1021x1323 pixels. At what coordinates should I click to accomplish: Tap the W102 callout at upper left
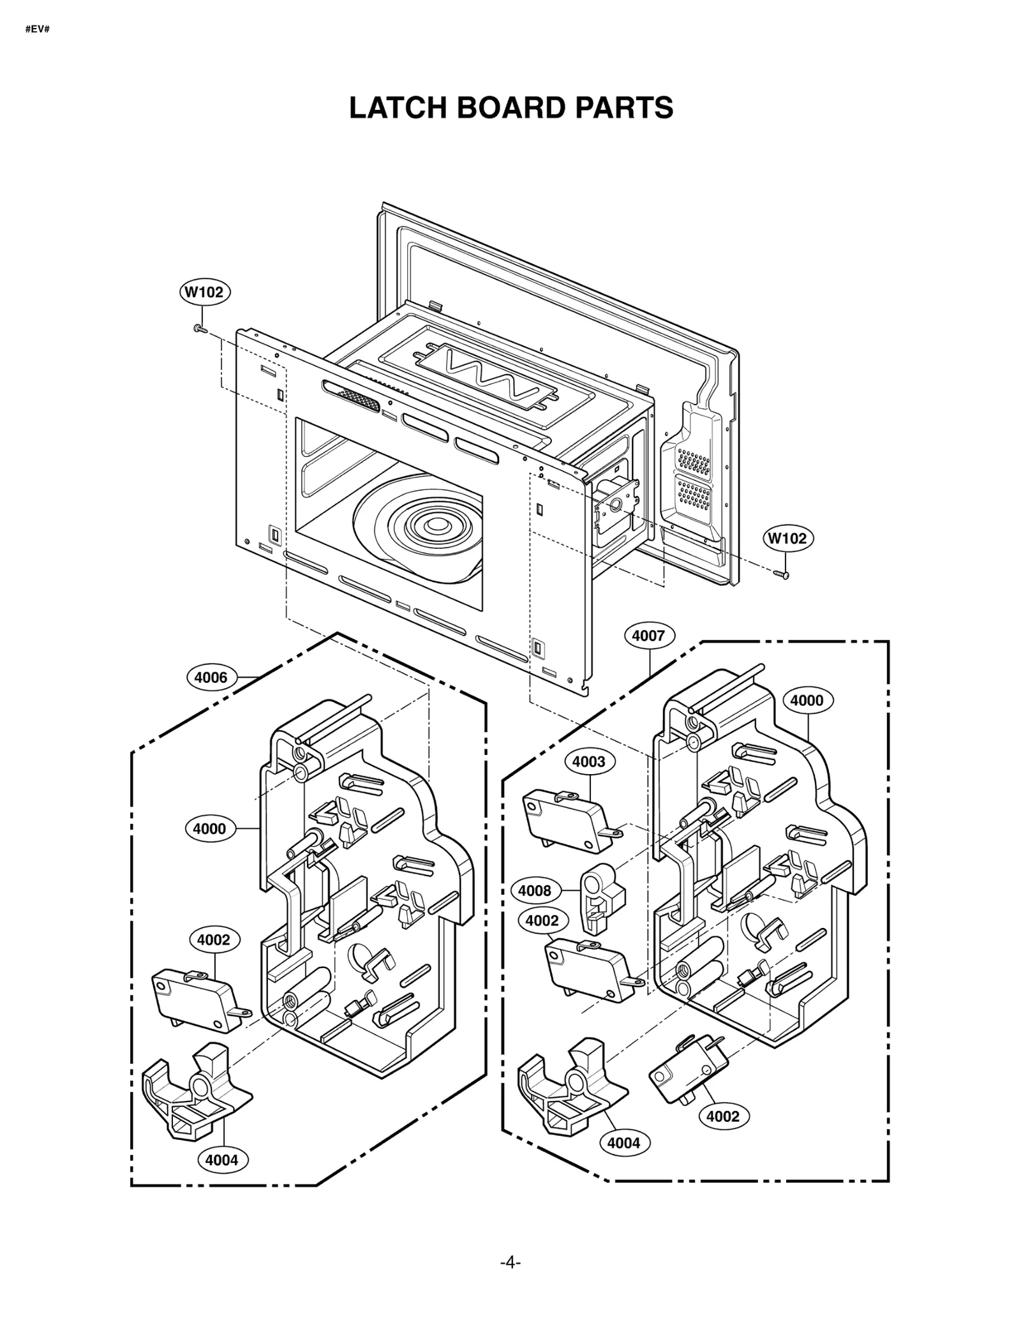pos(204,292)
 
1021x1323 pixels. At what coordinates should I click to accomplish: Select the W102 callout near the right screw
pos(787,538)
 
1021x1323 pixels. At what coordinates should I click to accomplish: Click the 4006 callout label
pos(211,677)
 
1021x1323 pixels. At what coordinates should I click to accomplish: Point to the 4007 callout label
pos(648,636)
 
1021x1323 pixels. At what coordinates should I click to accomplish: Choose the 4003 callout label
pos(588,761)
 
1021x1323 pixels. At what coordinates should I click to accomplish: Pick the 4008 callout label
pos(535,890)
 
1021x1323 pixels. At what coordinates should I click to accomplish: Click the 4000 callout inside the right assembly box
pos(807,700)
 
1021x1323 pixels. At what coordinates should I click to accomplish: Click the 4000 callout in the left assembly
pos(210,829)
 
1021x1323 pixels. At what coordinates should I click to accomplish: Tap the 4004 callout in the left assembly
pos(222,1160)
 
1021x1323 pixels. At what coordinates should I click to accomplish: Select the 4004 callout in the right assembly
pos(623,1142)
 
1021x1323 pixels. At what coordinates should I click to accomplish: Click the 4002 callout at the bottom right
pos(723,1116)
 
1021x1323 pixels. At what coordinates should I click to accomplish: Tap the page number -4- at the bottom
pos(510,1262)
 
